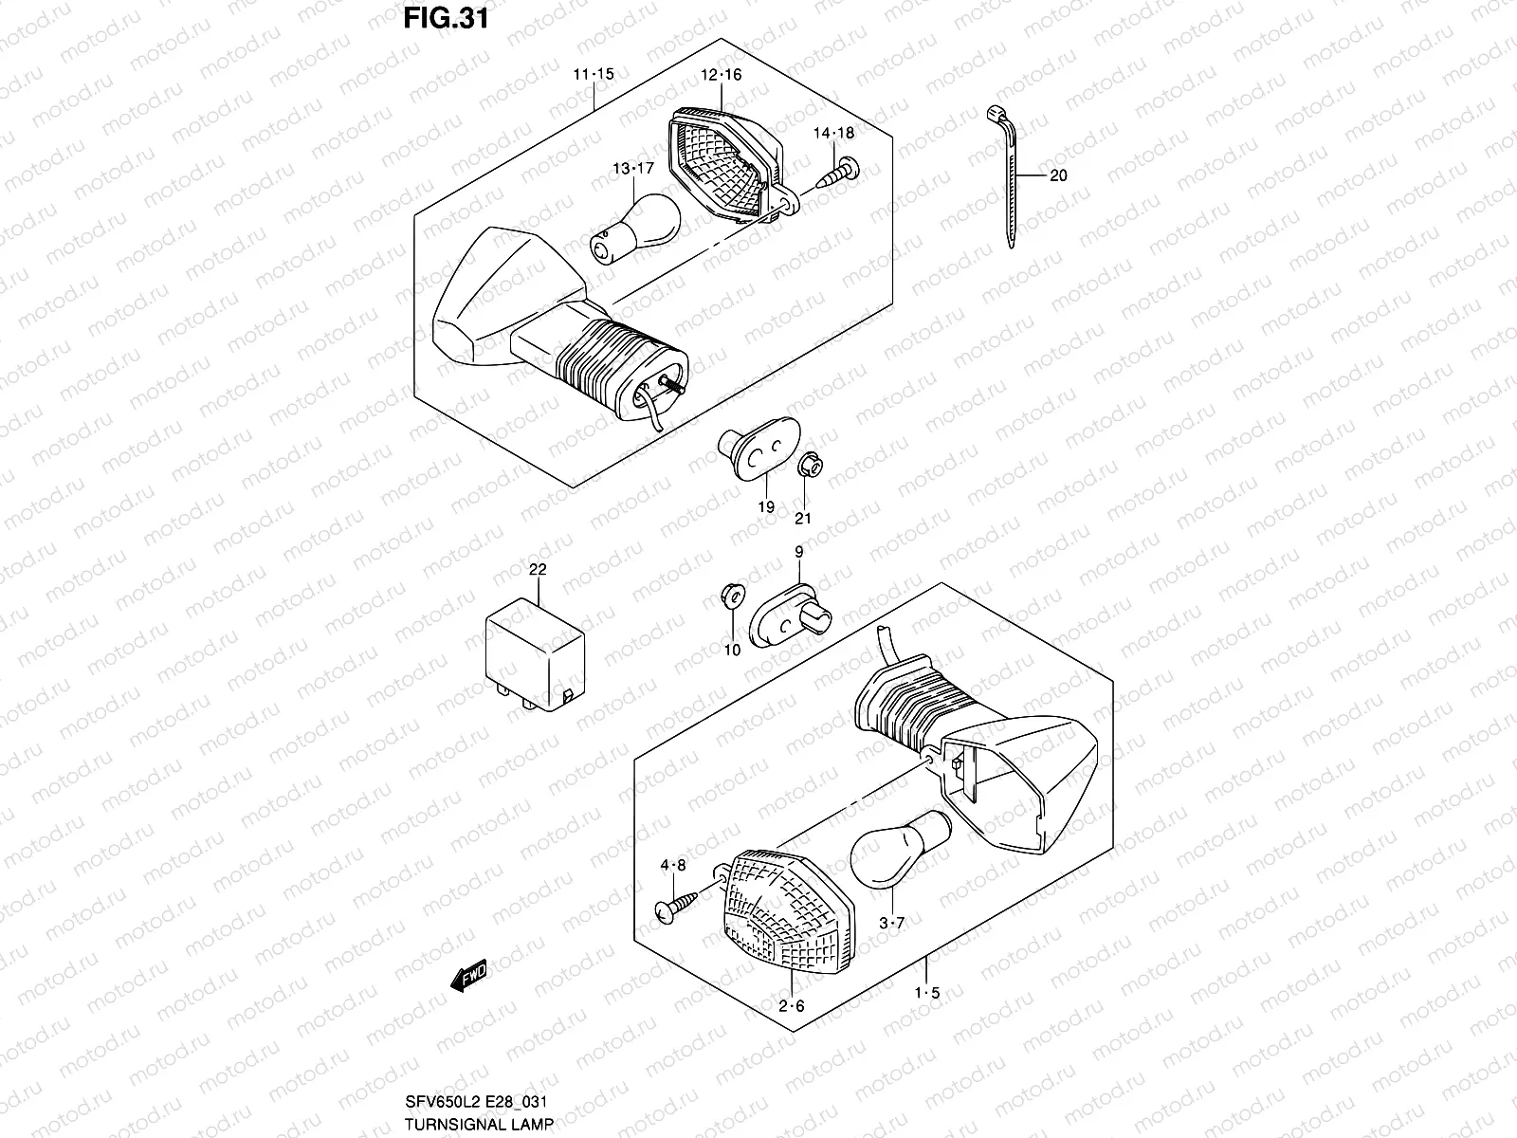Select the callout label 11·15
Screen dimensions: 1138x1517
tap(594, 74)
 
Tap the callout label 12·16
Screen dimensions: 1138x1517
tap(722, 75)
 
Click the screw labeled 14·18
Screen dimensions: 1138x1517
tap(838, 174)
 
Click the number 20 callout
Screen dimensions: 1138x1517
tap(1058, 175)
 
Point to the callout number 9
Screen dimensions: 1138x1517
tap(798, 551)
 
